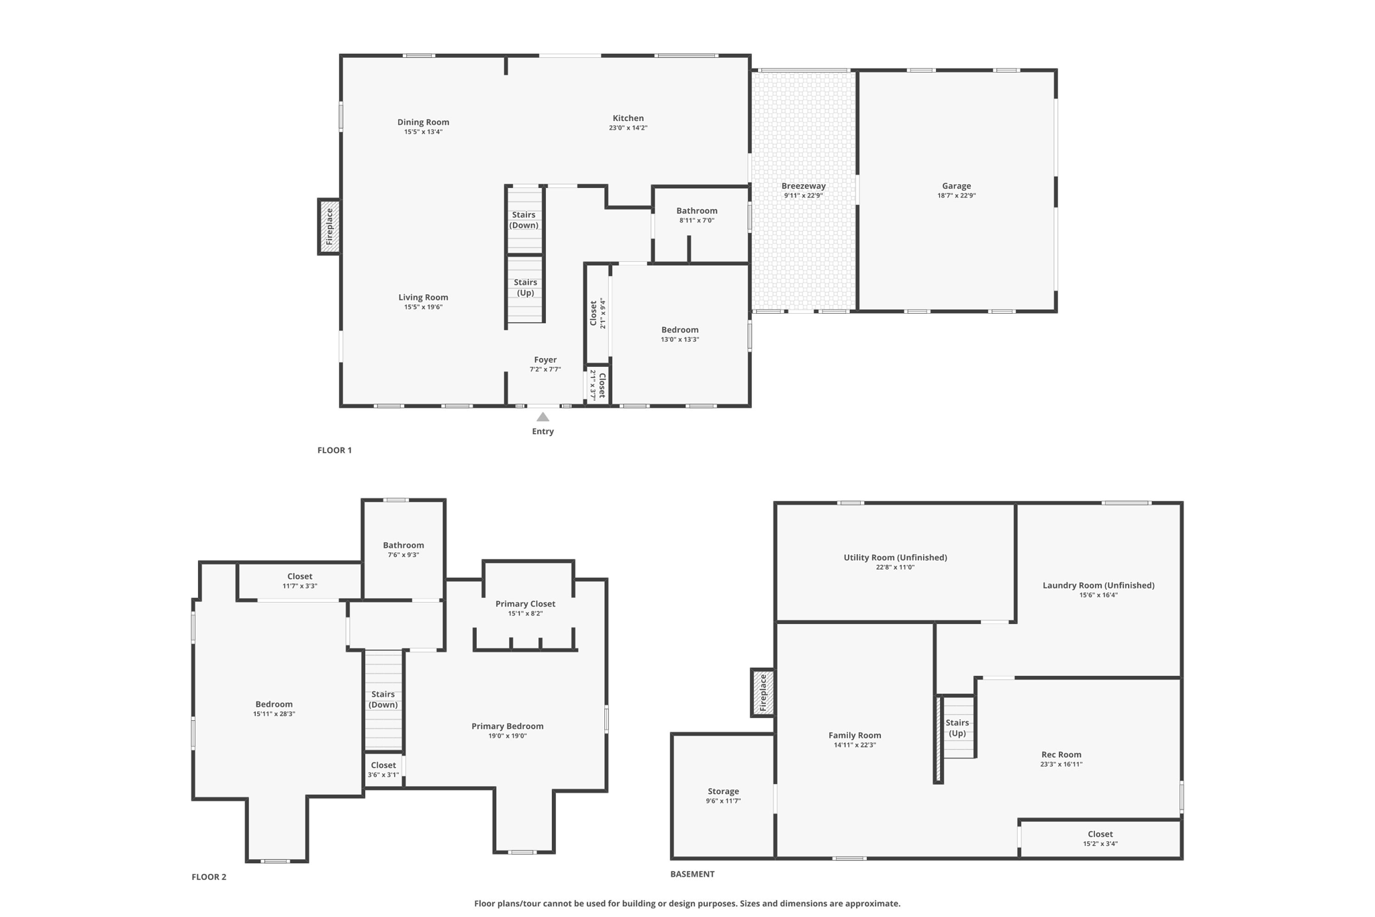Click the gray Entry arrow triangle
tap(542, 417)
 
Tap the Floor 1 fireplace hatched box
tap(329, 226)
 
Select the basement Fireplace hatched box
tap(762, 693)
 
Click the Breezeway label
tap(803, 186)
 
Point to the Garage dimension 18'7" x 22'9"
tap(956, 195)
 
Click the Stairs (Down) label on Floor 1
tap(524, 220)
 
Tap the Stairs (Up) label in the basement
tap(957, 728)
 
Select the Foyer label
tap(545, 359)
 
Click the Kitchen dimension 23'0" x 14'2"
tap(628, 128)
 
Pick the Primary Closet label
tap(525, 603)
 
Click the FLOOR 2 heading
tap(209, 877)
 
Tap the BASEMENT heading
tap(692, 874)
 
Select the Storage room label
tap(723, 791)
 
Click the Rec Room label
tap(1061, 754)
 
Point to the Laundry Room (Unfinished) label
tap(1098, 585)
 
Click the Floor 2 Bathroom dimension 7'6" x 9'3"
tap(403, 555)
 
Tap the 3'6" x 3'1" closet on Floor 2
tap(383, 769)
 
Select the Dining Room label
tap(423, 122)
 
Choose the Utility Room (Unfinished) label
tap(895, 557)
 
